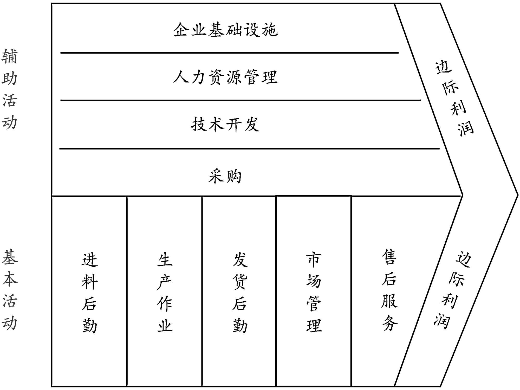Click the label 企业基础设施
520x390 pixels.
[225, 30]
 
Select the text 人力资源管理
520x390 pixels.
[225, 77]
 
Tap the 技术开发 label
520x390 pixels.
[225, 124]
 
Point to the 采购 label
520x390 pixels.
[225, 176]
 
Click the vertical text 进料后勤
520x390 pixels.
[89, 292]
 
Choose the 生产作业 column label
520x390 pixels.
[165, 292]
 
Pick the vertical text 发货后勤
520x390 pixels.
[240, 292]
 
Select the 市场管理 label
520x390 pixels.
[314, 292]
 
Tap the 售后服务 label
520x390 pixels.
[389, 290]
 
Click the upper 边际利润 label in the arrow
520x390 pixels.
[454, 98]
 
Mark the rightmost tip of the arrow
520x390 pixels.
[517, 195]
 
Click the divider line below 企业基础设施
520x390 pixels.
[229, 53]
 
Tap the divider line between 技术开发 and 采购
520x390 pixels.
[250, 149]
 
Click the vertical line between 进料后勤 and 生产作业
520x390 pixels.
[127, 291]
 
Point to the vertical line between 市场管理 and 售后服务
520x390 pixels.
[351, 291]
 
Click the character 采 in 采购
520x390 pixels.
[216, 176]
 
